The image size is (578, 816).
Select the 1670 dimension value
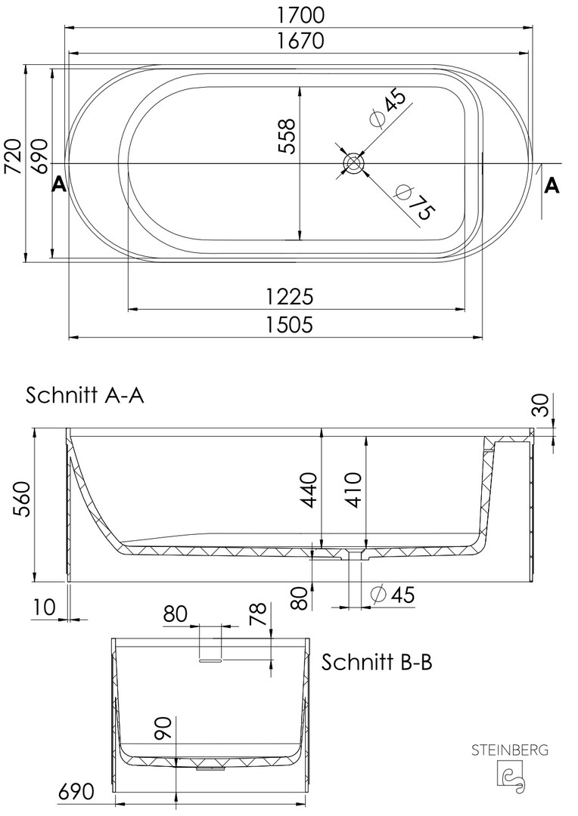(x=300, y=40)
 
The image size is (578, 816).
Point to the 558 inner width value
(x=287, y=136)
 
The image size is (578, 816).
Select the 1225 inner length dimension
(x=290, y=297)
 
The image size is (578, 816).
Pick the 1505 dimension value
(x=290, y=324)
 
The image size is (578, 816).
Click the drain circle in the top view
(x=353, y=163)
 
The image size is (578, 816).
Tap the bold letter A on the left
(x=59, y=184)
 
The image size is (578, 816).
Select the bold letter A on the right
(x=552, y=185)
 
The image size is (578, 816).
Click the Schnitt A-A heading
(x=85, y=395)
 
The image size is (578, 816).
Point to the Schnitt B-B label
(x=376, y=663)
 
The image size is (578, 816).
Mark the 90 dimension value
(x=163, y=728)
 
